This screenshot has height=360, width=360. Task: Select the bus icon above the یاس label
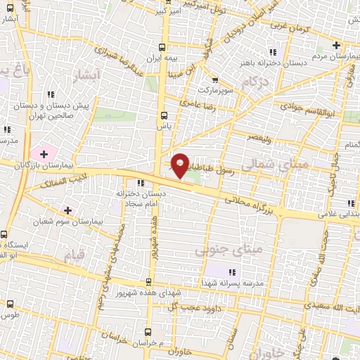click(x=164, y=116)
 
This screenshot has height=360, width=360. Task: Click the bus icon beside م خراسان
click(x=148, y=332)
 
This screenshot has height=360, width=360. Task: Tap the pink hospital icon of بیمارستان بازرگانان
click(x=45, y=153)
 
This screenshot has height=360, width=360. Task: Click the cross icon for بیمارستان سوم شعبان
click(x=67, y=210)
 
